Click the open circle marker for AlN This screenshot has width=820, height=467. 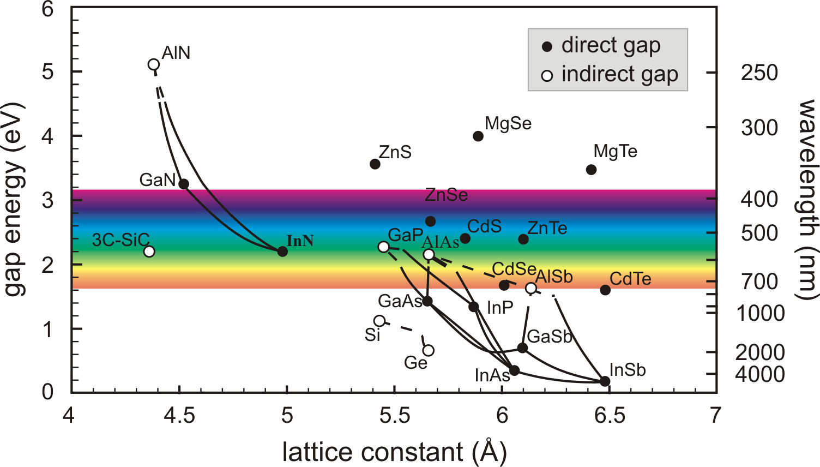click(154, 65)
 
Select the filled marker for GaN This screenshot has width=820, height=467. click(184, 184)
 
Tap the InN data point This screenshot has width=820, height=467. click(282, 252)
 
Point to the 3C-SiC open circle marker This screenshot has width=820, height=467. click(149, 252)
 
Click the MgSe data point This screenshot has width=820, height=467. click(478, 136)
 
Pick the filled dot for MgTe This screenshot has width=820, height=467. click(591, 170)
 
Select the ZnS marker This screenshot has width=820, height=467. click(375, 164)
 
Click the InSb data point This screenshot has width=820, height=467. click(605, 381)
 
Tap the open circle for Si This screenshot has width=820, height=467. click(379, 321)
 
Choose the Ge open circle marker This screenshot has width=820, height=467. click(429, 350)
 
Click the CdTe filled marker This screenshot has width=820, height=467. click(605, 290)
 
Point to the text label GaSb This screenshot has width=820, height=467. click(549, 337)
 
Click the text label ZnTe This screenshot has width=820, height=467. click(547, 228)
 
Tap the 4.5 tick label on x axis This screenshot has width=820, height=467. click(179, 416)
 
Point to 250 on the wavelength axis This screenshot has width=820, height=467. click(759, 73)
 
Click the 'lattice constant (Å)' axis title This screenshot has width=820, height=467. click(394, 452)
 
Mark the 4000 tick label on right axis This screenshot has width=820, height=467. click(760, 375)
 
